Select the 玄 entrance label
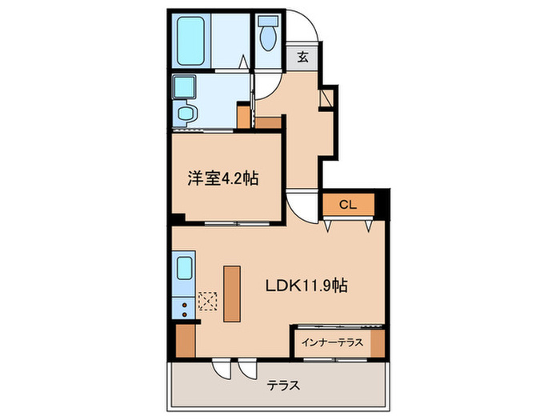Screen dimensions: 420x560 click(303, 56)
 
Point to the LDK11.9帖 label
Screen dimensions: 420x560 click(310, 283)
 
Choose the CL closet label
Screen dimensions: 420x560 click(347, 204)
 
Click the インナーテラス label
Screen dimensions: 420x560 click(332, 342)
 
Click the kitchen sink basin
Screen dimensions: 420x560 click(183, 266)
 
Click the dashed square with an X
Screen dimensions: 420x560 click(208, 301)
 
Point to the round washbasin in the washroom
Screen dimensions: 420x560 click(186, 114)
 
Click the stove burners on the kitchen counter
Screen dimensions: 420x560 click(184, 305)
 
